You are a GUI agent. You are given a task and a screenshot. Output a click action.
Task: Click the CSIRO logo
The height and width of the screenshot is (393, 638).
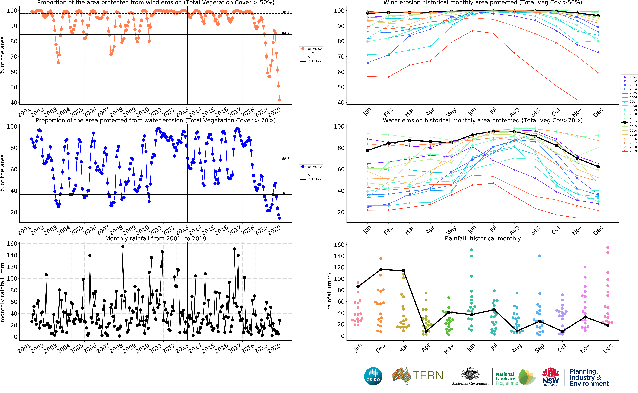pyautogui.click(x=373, y=376)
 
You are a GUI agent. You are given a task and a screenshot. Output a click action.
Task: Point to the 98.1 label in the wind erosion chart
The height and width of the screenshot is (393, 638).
pyautogui.click(x=285, y=12)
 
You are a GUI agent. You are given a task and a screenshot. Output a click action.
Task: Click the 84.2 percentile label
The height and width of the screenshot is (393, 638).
pyautogui.click(x=285, y=34)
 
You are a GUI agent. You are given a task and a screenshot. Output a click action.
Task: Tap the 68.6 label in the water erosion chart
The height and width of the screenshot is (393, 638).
pyautogui.click(x=285, y=159)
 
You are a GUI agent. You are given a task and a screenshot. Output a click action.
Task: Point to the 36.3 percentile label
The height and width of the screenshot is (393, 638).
pyautogui.click(x=285, y=193)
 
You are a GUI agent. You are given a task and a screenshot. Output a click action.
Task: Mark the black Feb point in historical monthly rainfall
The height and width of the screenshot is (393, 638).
pyautogui.click(x=381, y=270)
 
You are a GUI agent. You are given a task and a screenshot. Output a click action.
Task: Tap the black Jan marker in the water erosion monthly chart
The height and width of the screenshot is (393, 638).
pyautogui.click(x=367, y=150)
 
